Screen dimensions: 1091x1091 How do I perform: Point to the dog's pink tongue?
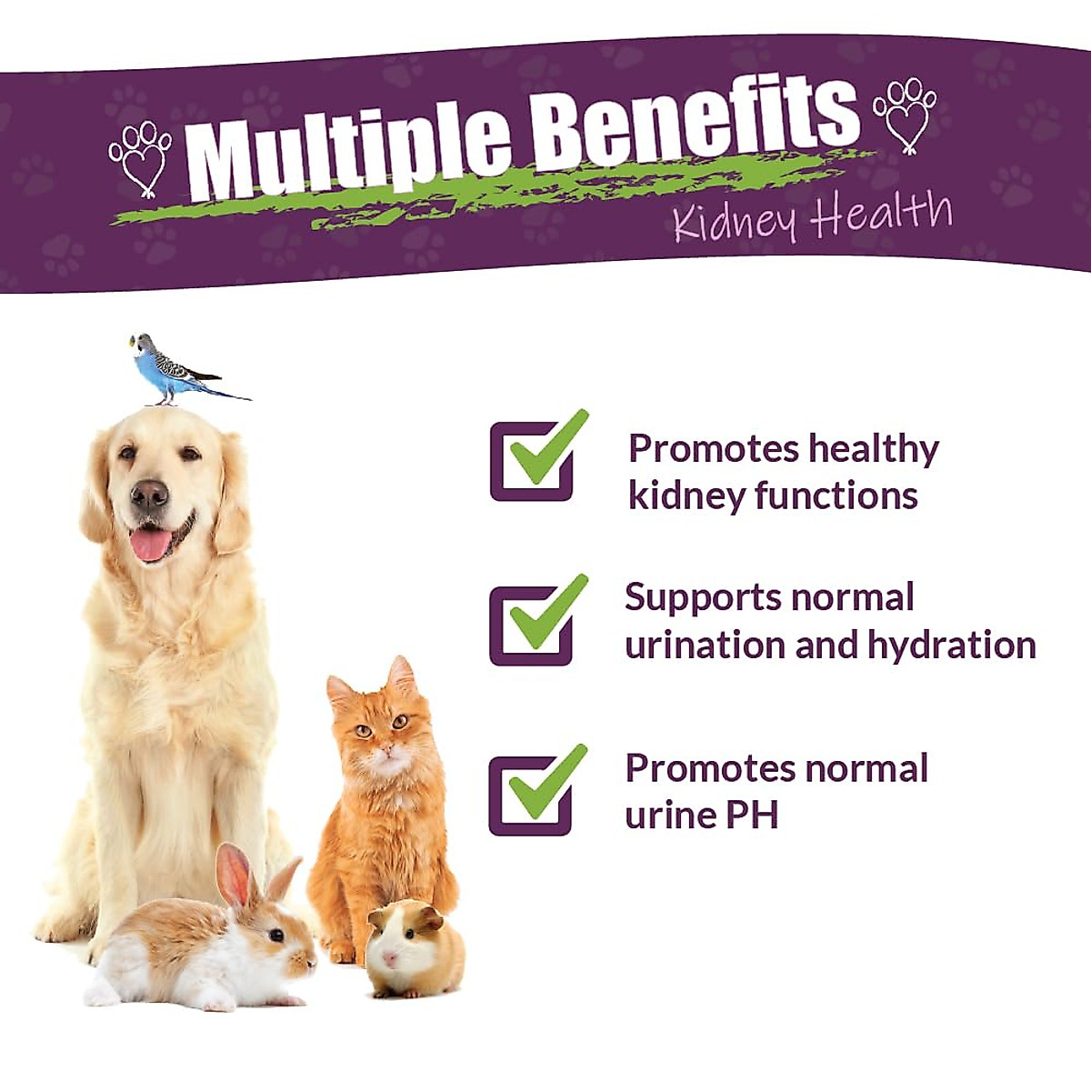tap(151, 544)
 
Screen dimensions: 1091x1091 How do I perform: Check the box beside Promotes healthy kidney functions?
tap(533, 460)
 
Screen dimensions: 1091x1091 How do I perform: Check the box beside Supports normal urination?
tap(532, 625)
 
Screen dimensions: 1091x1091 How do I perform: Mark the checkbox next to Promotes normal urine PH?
tap(531, 795)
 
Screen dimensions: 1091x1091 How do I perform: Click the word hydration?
tap(951, 645)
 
